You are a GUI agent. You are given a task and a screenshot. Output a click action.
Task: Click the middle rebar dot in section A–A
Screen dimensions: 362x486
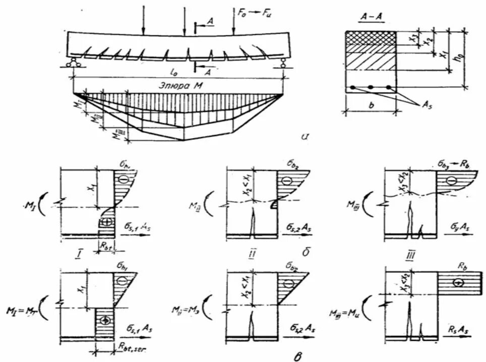tap(371, 88)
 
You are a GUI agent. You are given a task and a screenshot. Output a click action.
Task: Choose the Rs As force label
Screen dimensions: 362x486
tap(459, 330)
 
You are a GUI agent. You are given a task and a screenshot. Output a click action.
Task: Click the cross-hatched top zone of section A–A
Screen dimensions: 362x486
tap(371, 39)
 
